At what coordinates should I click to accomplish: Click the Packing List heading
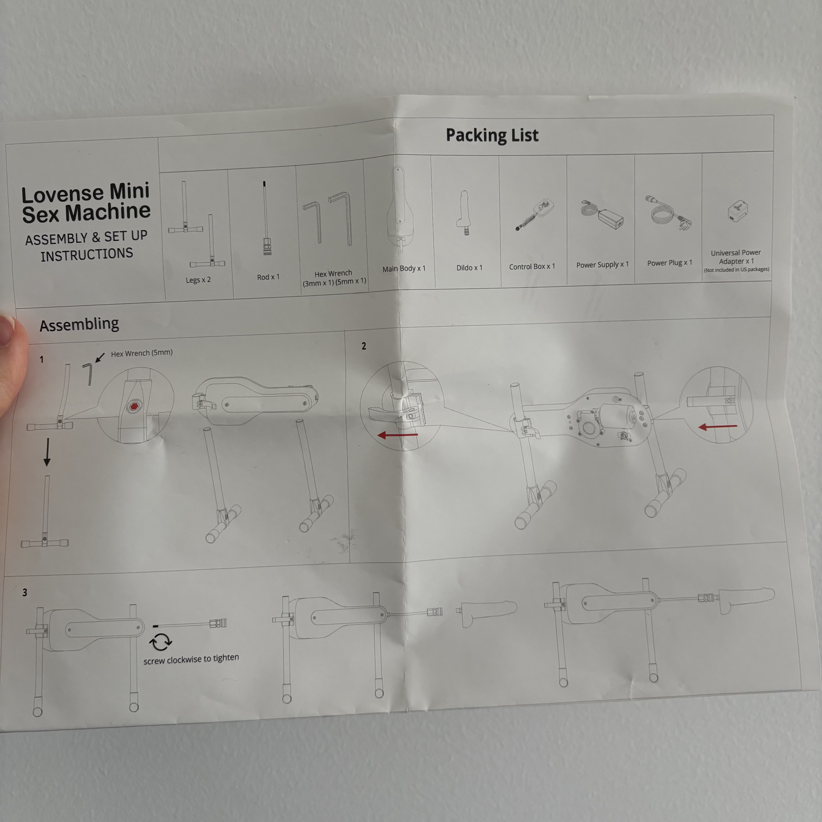pyautogui.click(x=492, y=135)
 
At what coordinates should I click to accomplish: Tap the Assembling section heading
pyautogui.click(x=79, y=324)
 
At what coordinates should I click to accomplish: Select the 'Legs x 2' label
pyautogui.click(x=198, y=280)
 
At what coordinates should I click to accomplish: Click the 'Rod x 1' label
pyautogui.click(x=268, y=277)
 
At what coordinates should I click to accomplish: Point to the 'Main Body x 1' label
pyautogui.click(x=404, y=269)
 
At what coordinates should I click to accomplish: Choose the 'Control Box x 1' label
pyautogui.click(x=532, y=266)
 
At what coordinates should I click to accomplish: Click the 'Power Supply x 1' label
pyautogui.click(x=602, y=265)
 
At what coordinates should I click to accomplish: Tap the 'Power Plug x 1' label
pyautogui.click(x=669, y=263)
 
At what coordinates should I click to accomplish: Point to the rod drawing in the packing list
pyautogui.click(x=266, y=218)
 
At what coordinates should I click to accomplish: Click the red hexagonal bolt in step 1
pyautogui.click(x=134, y=406)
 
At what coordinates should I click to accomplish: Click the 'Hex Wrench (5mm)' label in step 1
pyautogui.click(x=142, y=353)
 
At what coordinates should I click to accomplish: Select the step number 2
pyautogui.click(x=364, y=346)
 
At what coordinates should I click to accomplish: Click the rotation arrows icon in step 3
pyautogui.click(x=160, y=642)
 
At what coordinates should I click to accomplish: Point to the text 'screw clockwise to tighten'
pyautogui.click(x=191, y=659)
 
